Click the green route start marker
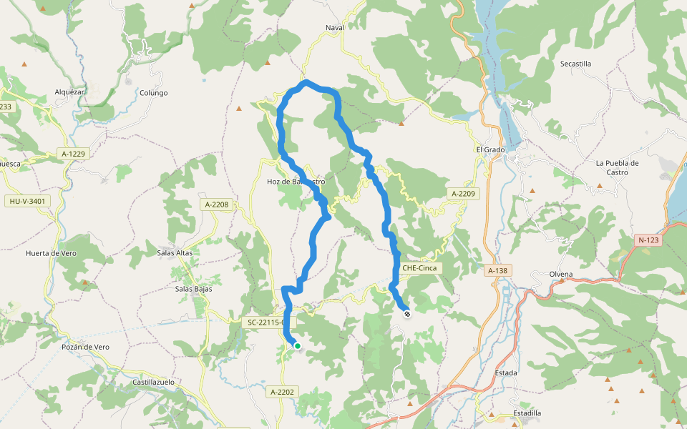pos(298,346)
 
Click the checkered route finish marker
pos(407,313)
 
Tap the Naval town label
pos(335,28)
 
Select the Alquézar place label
pos(70,92)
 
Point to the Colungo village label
pos(153,93)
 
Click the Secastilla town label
pos(575,64)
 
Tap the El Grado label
pos(490,150)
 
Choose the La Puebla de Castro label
pos(617,167)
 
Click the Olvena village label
pos(561,275)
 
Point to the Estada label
pos(506,373)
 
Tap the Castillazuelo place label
pos(154,383)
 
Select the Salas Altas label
pos(175,253)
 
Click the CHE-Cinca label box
pos(419,268)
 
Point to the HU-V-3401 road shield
pos(28,202)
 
